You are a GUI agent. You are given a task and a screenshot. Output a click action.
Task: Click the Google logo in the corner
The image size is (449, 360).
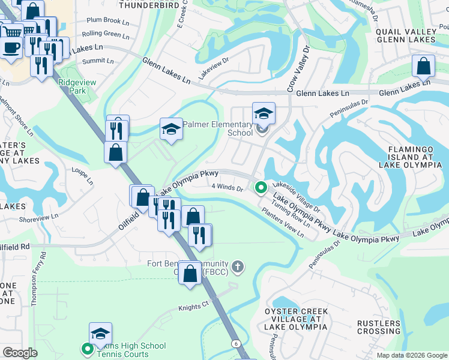20,353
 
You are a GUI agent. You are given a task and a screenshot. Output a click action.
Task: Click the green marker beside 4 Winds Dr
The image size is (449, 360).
261,188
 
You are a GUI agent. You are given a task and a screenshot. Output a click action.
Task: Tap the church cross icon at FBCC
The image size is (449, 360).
238,266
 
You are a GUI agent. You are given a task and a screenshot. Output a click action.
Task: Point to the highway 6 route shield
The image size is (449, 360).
236,343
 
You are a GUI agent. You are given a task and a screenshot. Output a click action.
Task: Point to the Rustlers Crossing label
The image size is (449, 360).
379,327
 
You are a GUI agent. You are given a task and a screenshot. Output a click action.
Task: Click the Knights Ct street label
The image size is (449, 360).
192,308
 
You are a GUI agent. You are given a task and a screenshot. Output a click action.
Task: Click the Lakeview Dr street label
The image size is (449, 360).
214,68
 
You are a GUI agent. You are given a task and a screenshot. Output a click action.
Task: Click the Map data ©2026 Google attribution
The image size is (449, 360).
412,355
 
